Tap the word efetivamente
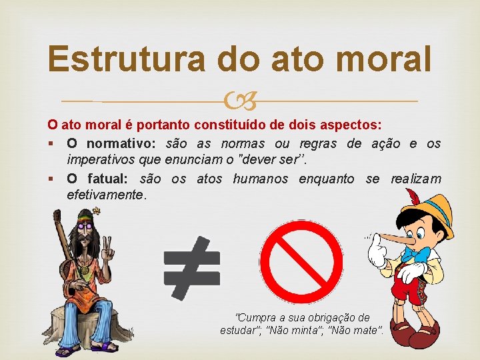pyautogui.click(x=105, y=196)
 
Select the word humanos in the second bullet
pyautogui.click(x=260, y=179)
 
